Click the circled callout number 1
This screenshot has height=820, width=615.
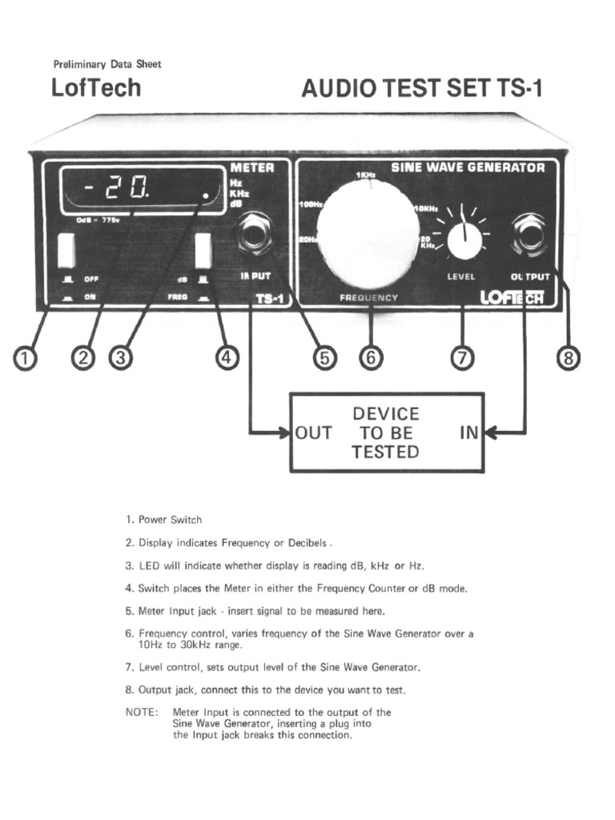(26, 358)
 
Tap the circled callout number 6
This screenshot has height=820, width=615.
(370, 358)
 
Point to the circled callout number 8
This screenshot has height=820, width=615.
(568, 358)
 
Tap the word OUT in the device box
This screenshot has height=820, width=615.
(313, 433)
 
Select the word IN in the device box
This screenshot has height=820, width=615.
(468, 433)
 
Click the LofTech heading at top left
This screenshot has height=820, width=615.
(95, 87)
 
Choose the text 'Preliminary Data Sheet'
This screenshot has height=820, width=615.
(107, 64)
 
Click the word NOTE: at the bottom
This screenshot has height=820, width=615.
(142, 712)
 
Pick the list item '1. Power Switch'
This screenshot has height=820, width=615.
(163, 520)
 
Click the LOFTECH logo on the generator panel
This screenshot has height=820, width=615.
(512, 297)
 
